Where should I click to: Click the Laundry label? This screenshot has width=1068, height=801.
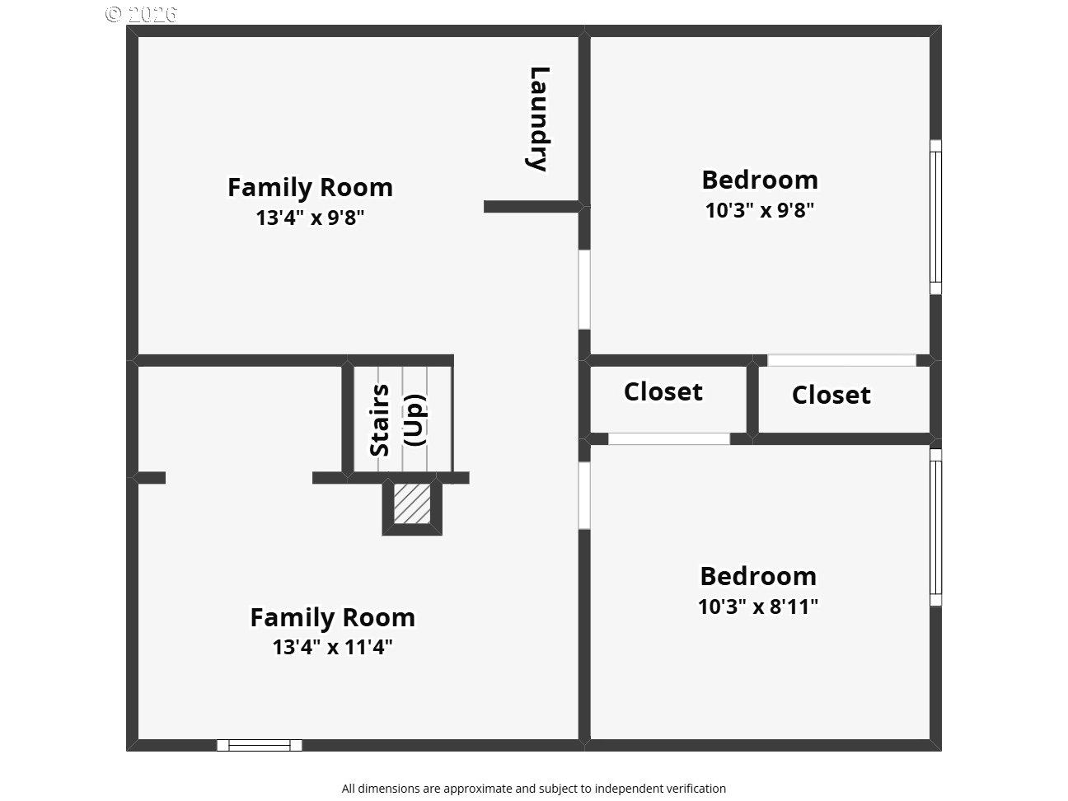pyautogui.click(x=539, y=119)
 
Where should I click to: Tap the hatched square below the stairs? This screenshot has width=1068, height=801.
pyautogui.click(x=412, y=504)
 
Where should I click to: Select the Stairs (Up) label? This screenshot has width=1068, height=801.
pyautogui.click(x=397, y=420)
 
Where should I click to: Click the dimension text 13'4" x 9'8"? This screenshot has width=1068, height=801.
pyautogui.click(x=310, y=218)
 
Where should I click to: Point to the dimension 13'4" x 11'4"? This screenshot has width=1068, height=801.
pyautogui.click(x=332, y=647)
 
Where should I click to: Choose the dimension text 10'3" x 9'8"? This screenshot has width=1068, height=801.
pyautogui.click(x=760, y=210)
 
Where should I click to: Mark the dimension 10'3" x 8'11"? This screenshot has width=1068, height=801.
pyautogui.click(x=758, y=607)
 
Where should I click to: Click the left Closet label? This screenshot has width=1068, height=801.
pyautogui.click(x=663, y=391)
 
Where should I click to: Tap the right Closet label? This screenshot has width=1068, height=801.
pyautogui.click(x=831, y=395)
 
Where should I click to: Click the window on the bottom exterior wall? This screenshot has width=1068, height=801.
pyautogui.click(x=260, y=745)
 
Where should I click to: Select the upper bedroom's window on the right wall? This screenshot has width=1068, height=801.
pyautogui.click(x=935, y=217)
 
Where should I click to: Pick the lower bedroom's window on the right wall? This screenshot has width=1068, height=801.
pyautogui.click(x=935, y=527)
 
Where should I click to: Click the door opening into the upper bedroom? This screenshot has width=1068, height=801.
pyautogui.click(x=584, y=289)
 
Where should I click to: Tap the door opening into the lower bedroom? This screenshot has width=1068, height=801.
pyautogui.click(x=584, y=495)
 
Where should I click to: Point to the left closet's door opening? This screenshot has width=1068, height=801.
pyautogui.click(x=669, y=438)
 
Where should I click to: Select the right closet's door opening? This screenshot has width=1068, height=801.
pyautogui.click(x=841, y=360)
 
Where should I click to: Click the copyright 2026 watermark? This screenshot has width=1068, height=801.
pyautogui.click(x=141, y=15)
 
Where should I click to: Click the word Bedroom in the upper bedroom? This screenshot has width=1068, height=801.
pyautogui.click(x=760, y=180)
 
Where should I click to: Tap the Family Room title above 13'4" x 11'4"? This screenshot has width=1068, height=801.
pyautogui.click(x=332, y=618)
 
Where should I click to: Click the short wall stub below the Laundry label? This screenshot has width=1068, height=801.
pyautogui.click(x=532, y=207)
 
